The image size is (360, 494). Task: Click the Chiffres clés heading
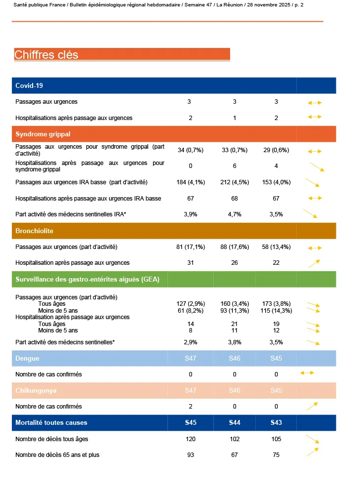click(x=46, y=55)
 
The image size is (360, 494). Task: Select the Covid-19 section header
click(x=29, y=85)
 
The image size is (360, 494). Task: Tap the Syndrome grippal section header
click(x=42, y=134)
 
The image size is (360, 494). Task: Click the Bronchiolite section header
click(x=35, y=231)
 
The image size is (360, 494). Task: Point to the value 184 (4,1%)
click(x=191, y=182)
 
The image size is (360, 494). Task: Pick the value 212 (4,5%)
click(x=235, y=182)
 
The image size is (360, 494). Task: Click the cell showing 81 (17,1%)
click(x=191, y=247)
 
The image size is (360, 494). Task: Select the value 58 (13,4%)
click(x=276, y=247)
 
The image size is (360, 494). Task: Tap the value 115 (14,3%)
click(x=276, y=311)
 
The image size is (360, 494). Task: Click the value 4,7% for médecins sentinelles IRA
click(x=235, y=214)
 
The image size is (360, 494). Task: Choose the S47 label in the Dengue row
click(x=191, y=358)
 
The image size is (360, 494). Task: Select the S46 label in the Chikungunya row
click(x=235, y=390)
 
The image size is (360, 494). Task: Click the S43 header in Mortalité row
click(x=276, y=423)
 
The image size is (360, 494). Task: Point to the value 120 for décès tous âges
click(x=191, y=439)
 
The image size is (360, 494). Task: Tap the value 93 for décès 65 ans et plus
click(x=191, y=455)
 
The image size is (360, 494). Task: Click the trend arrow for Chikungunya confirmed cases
click(x=312, y=406)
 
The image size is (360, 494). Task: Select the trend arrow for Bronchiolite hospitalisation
click(x=314, y=263)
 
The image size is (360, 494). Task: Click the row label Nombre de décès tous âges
click(x=52, y=439)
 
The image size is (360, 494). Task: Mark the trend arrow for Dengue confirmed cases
click(x=307, y=373)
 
